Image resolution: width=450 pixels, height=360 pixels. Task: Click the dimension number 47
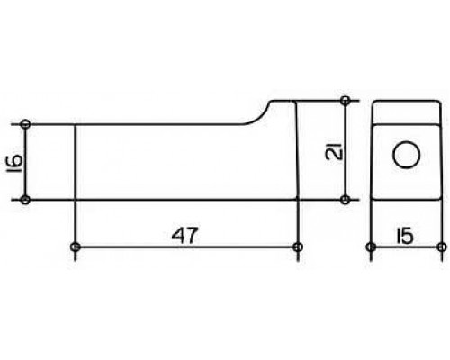185,235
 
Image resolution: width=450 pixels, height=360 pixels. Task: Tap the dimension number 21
334,150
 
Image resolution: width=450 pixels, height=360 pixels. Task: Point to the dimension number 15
405,236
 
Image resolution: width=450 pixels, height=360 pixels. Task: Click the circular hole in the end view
406,155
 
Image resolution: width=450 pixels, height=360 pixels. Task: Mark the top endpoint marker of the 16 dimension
26,124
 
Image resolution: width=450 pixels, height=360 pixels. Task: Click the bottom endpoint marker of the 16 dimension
26,200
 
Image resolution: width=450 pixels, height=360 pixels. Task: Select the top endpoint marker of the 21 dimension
346,101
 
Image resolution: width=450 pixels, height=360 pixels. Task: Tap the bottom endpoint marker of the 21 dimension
346,200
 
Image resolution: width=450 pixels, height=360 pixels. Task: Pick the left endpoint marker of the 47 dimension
75,247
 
